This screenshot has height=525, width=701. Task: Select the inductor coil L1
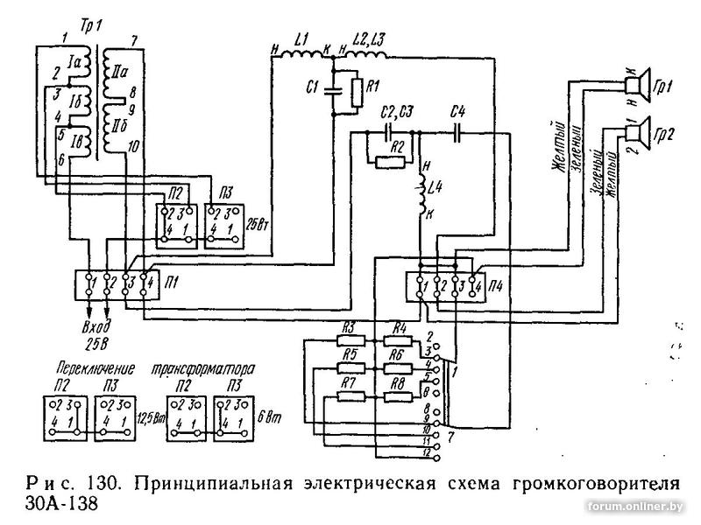click(302, 56)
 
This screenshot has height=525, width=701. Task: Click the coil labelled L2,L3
click(366, 56)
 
